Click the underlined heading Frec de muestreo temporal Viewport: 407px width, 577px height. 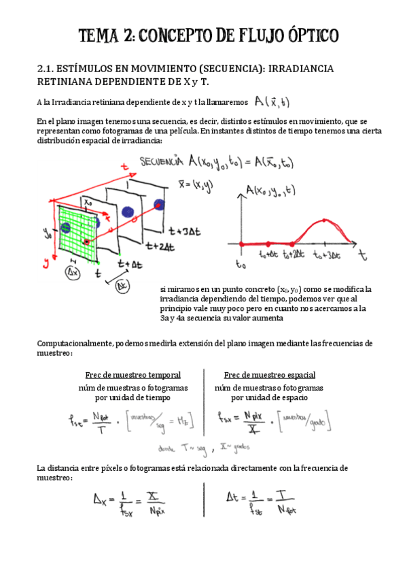click(x=132, y=375)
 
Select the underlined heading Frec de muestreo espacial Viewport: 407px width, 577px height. click(x=269, y=375)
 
